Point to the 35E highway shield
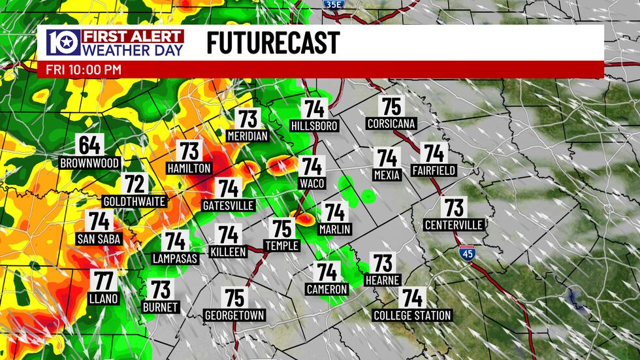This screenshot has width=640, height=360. tap(332, 4)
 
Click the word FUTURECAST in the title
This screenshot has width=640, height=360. tap(273, 43)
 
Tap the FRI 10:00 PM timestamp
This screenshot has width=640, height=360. tap(84, 69)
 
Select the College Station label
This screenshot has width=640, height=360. tap(412, 316)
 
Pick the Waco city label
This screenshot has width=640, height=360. tap(312, 184)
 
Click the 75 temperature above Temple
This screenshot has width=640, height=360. tap(282, 229)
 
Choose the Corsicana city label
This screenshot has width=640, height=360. tap(391, 123)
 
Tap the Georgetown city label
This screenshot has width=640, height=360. tap(234, 316)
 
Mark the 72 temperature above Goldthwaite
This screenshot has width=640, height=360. tap(135, 184)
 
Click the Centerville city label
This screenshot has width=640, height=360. tap(454, 225)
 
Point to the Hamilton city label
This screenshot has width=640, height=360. tap(189, 169)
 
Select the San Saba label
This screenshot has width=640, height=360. tap(99, 239)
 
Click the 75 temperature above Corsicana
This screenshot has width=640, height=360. tap(391, 106)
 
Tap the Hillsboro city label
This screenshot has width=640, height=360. tap(315, 125)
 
